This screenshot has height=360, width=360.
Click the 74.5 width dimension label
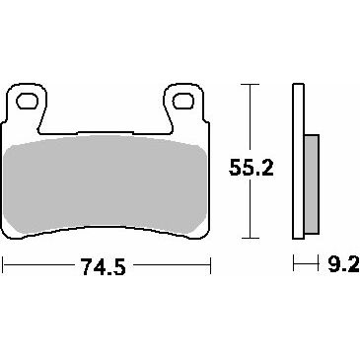pyautogui.click(x=103, y=266)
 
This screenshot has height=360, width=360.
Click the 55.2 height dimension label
pyautogui.click(x=252, y=168)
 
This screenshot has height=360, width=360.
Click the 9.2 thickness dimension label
pyautogui.click(x=344, y=263)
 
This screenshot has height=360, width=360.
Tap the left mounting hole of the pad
pyautogui.click(x=27, y=101)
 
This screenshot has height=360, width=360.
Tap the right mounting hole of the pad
pyautogui.click(x=183, y=101)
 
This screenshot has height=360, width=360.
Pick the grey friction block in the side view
pyautogui.click(x=312, y=184)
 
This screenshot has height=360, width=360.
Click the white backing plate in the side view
pyautogui.click(x=298, y=161)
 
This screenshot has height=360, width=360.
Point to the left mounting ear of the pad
pyautogui.click(x=27, y=107)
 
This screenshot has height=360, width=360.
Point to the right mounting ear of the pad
pyautogui.click(x=184, y=106)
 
